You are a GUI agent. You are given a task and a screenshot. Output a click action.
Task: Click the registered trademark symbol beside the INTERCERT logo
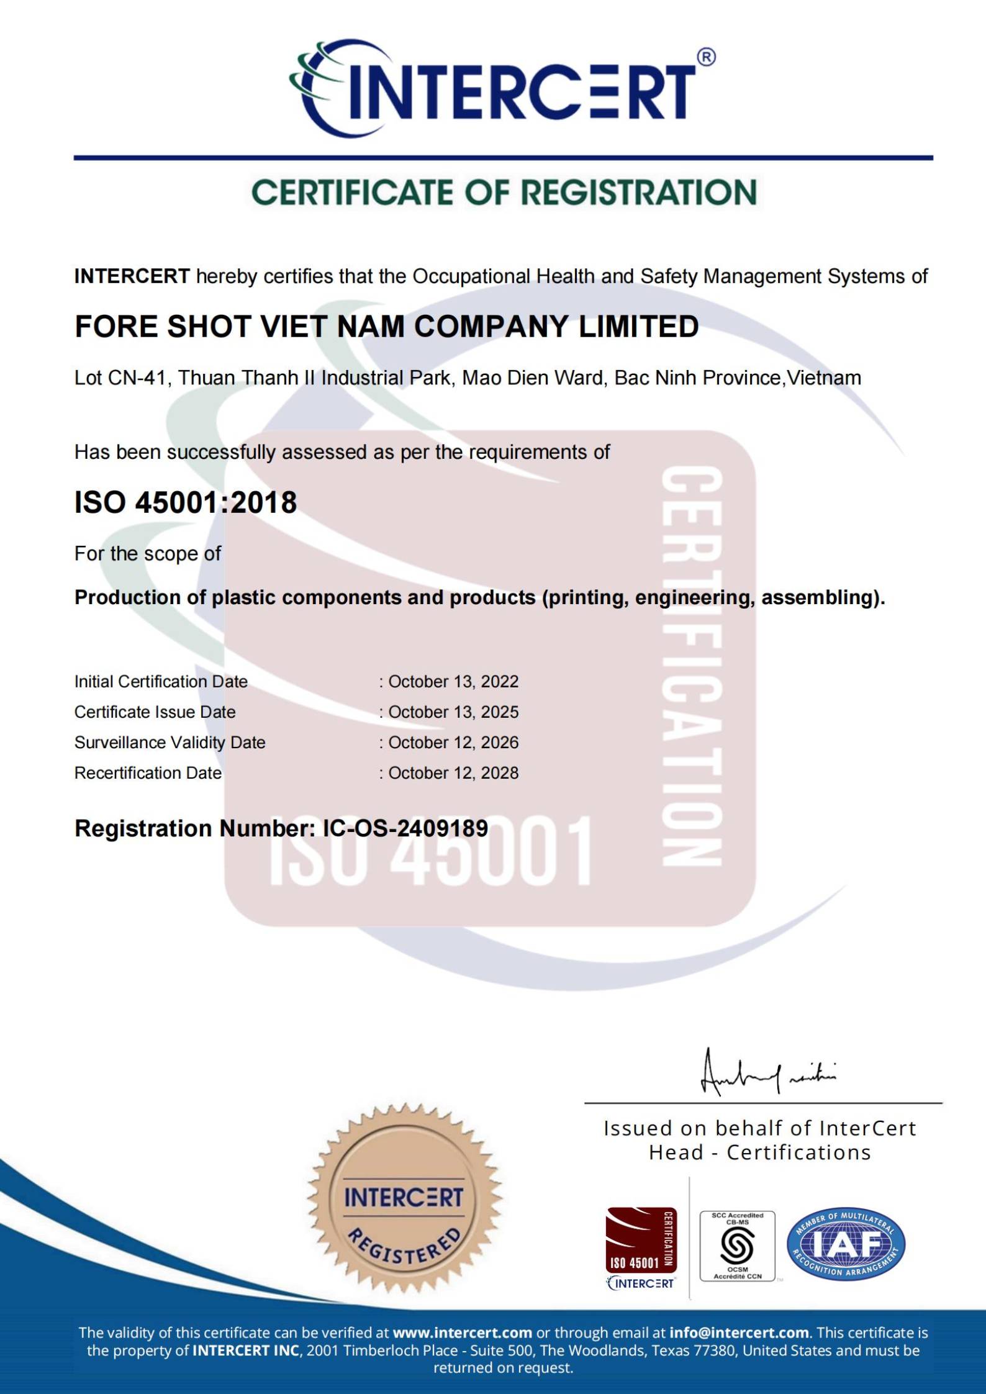(706, 57)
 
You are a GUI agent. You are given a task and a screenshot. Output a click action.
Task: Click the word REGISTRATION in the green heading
(639, 192)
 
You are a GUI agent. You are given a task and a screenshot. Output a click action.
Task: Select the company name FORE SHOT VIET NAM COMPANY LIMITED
(386, 327)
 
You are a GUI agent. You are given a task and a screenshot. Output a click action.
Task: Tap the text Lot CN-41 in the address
(120, 378)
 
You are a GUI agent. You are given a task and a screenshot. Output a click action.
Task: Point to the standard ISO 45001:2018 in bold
(186, 502)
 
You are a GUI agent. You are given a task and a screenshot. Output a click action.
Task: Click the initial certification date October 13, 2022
(453, 681)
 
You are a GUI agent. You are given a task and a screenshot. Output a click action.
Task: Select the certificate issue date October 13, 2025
(453, 712)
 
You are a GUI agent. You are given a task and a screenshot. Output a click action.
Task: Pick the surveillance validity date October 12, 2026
(453, 742)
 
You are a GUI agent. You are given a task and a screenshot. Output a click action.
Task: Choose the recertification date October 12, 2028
(453, 772)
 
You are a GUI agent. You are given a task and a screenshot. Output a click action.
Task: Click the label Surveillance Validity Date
(170, 742)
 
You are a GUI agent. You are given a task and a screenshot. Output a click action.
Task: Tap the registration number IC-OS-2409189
(405, 828)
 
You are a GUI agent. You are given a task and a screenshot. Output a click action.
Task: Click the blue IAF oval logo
(846, 1244)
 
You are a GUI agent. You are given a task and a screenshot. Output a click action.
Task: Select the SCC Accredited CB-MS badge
(737, 1245)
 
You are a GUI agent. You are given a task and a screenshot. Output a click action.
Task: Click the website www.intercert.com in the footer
(462, 1333)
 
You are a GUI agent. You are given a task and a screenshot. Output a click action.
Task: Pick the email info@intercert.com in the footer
(739, 1333)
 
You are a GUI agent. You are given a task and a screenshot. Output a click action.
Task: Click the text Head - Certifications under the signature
(759, 1152)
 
